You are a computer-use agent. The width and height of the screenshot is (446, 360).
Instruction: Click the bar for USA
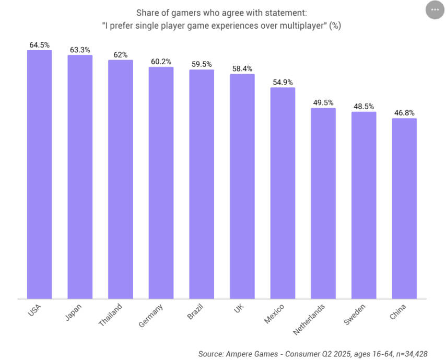coord(39,175)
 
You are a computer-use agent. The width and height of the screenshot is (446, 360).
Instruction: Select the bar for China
coord(404,208)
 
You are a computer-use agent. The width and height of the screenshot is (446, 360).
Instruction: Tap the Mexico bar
coord(283,193)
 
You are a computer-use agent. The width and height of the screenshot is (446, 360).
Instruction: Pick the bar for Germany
coord(161,183)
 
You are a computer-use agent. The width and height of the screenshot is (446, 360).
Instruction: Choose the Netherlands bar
coord(323,203)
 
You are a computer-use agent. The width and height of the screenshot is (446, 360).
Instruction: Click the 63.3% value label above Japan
coord(80,50)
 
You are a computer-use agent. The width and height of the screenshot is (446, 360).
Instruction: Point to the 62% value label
coord(121,55)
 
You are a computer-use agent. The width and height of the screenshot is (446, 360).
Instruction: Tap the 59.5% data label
coord(202,64)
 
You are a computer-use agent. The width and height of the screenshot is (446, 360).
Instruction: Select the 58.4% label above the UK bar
coord(242,68)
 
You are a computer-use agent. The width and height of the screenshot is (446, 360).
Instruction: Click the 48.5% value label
coord(364,106)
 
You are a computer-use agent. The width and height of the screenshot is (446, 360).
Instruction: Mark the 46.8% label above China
coord(404,113)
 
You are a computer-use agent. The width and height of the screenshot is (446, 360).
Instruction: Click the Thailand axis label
coord(111,315)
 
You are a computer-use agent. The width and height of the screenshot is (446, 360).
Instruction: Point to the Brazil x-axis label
coord(195,311)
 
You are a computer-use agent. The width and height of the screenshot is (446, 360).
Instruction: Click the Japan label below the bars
coord(74,311)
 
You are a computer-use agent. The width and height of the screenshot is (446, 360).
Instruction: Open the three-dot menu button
coord(435,10)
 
